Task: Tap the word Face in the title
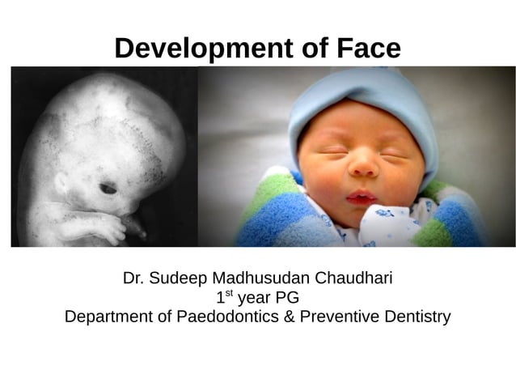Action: pos(366,49)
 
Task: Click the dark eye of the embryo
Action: pos(108,189)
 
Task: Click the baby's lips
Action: pos(361,197)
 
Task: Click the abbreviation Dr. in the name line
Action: pos(133,279)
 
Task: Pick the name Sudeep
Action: pos(177,279)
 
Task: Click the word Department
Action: pos(108,316)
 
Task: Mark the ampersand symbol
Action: pos(288,316)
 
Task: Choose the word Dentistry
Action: pos(415,316)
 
